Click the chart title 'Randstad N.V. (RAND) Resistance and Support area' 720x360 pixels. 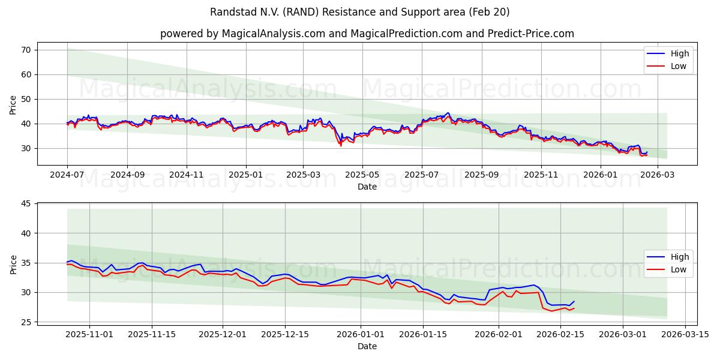coord(359,12)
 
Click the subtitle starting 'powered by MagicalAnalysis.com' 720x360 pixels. coord(367,34)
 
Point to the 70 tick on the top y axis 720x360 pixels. coord(26,50)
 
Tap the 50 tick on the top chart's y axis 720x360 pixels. coord(26,99)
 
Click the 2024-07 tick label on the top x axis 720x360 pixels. coord(67,175)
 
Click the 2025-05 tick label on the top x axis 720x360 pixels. coord(362,175)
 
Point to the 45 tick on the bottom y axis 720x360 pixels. coord(26,203)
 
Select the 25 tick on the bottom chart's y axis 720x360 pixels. coord(26,322)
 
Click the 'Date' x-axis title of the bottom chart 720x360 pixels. coord(367,346)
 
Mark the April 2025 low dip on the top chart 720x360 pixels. coord(341,145)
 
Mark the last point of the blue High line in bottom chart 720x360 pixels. coord(574,301)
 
